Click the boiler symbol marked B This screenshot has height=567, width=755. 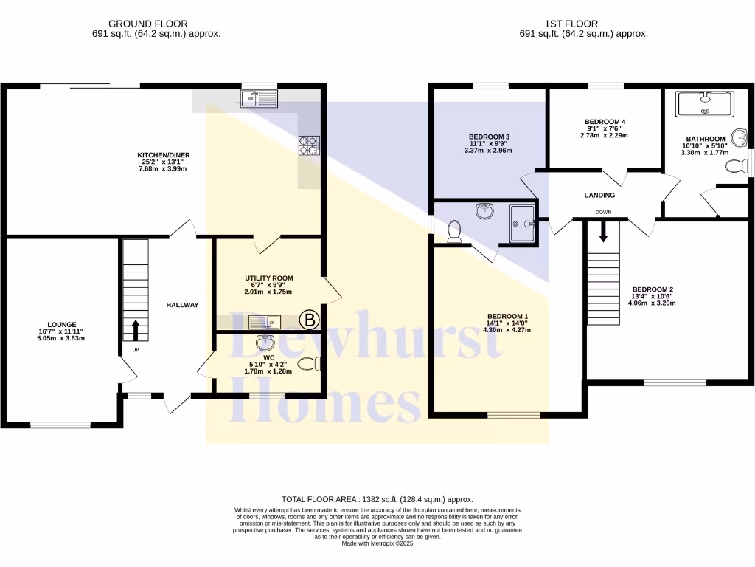(310, 320)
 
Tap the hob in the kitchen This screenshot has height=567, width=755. (308, 145)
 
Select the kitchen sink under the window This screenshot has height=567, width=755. (259, 98)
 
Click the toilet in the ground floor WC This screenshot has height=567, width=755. (310, 363)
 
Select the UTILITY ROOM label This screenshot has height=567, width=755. (269, 278)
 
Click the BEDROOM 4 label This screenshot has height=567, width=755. (605, 121)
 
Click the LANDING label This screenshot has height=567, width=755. (599, 195)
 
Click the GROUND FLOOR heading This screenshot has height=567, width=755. (147, 24)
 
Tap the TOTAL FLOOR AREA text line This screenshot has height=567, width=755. (377, 500)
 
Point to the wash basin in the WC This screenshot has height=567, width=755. (265, 343)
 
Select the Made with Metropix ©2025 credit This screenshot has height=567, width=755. (377, 543)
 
